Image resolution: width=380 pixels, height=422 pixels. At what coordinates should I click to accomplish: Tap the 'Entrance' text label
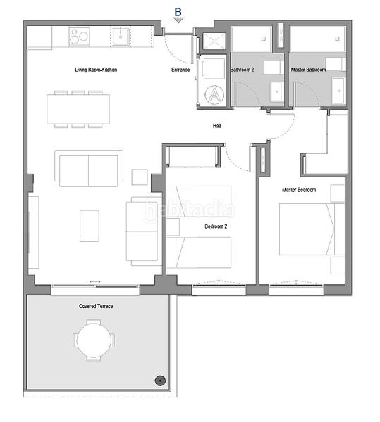180,70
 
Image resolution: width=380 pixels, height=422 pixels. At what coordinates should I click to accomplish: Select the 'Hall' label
218,127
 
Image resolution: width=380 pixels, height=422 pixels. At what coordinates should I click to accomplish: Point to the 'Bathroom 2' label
242,70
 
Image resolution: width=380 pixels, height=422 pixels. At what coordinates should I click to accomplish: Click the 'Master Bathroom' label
308,70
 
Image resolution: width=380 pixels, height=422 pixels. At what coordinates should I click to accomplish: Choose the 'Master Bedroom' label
299,190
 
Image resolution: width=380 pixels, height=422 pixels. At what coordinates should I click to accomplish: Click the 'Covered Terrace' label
96,307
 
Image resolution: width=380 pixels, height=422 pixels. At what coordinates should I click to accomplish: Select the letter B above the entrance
178,11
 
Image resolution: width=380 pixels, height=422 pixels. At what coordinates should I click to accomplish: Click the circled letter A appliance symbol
212,94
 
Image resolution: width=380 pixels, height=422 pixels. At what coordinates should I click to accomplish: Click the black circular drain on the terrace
161,381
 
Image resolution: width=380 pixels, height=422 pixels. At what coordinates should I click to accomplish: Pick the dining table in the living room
78,109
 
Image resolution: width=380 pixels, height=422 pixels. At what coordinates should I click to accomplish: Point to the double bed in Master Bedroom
307,230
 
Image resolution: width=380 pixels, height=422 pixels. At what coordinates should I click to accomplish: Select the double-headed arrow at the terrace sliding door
95,283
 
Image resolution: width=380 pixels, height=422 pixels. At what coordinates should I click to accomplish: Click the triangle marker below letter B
179,20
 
